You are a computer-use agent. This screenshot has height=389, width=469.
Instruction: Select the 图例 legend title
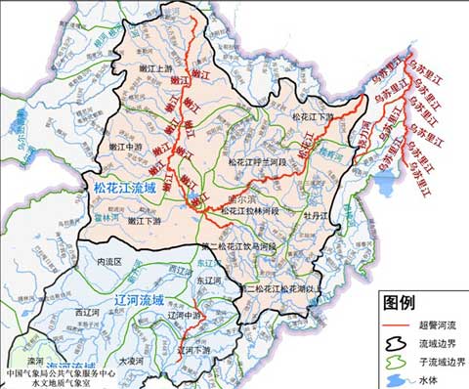pos(403,301)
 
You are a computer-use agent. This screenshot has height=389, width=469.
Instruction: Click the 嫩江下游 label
pos(145,221)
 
